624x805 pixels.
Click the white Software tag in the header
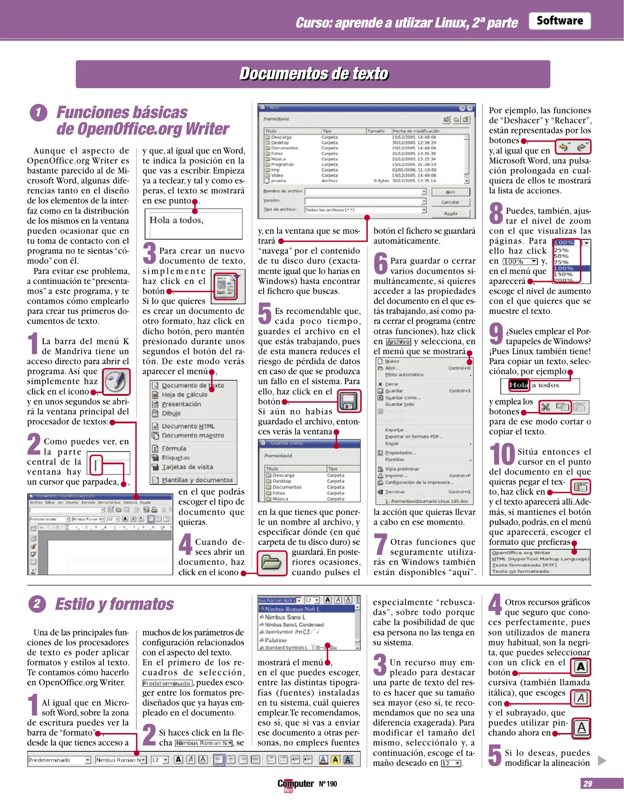pyautogui.click(x=559, y=21)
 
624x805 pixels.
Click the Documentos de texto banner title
pyautogui.click(x=313, y=74)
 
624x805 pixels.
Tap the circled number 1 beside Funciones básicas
pyautogui.click(x=38, y=113)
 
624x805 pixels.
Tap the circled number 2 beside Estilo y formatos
pyautogui.click(x=37, y=603)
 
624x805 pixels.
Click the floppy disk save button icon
pyautogui.click(x=349, y=401)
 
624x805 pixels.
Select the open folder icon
pyautogui.click(x=272, y=562)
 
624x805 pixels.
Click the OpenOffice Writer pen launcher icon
pyautogui.click(x=116, y=382)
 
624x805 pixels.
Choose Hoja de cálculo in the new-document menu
pyautogui.click(x=184, y=395)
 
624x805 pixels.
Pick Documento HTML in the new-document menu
pyautogui.click(x=188, y=426)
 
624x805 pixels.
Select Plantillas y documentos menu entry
pyautogui.click(x=197, y=480)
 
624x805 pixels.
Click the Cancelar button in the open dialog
pyautogui.click(x=450, y=202)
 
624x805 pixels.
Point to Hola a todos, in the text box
pyautogui.click(x=176, y=220)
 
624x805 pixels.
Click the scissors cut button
pyautogui.click(x=545, y=407)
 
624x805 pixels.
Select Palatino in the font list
pyautogui.click(x=276, y=640)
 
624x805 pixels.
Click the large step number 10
pyautogui.click(x=502, y=454)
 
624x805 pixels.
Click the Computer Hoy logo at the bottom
pyautogui.click(x=295, y=784)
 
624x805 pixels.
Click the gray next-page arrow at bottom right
pyautogui.click(x=602, y=761)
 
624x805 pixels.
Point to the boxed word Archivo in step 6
pyautogui.click(x=398, y=342)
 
